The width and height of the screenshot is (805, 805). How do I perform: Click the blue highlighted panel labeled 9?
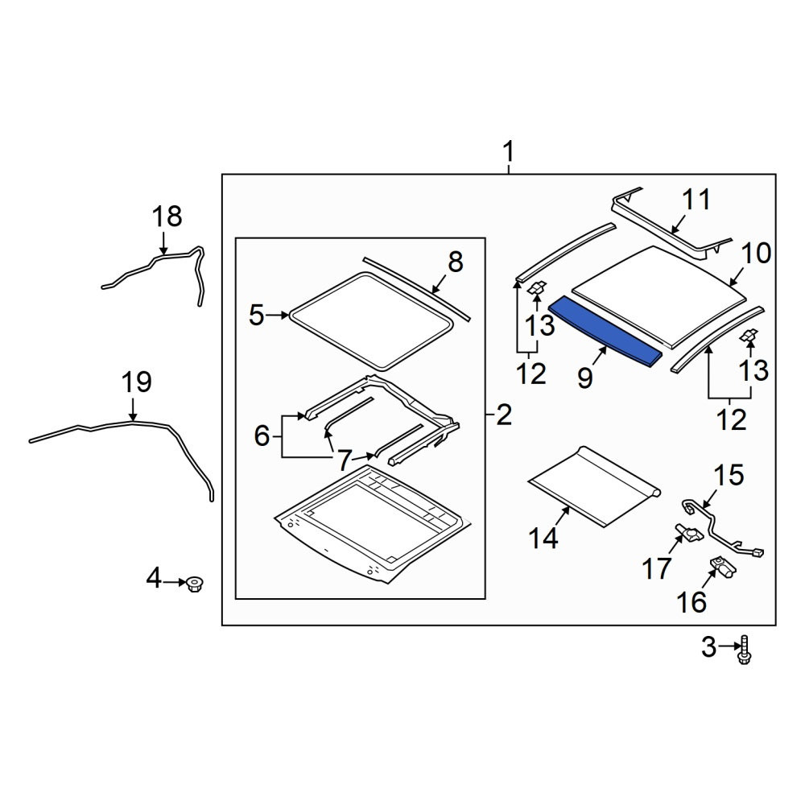pos(605,332)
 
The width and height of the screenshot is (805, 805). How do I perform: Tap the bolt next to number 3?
pos(744,650)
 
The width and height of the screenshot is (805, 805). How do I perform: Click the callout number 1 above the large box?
pos(508,152)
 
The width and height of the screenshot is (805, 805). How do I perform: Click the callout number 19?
pos(137,382)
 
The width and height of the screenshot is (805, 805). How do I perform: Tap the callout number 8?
pos(456,262)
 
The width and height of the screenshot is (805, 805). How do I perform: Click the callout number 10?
pos(756,253)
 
